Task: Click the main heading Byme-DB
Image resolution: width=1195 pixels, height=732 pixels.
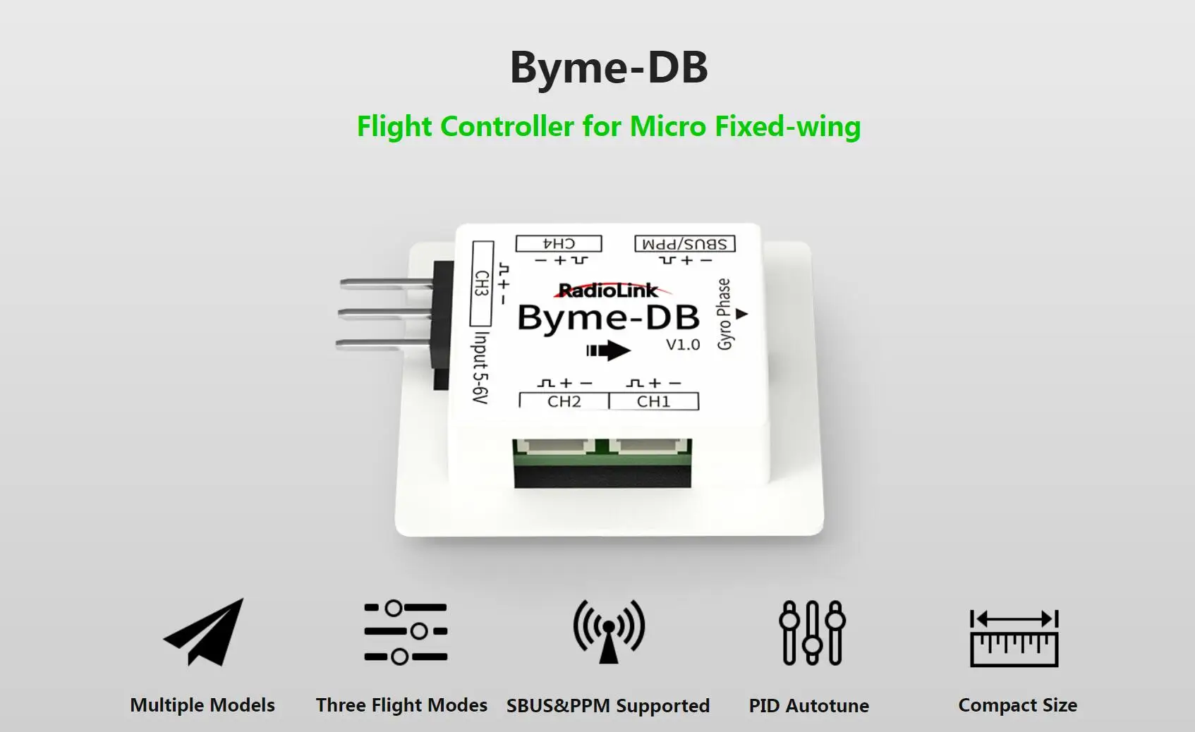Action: pos(609,68)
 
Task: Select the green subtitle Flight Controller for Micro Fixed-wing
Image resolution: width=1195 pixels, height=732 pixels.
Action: pos(609,127)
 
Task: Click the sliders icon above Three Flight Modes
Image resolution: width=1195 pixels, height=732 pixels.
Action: pos(406,632)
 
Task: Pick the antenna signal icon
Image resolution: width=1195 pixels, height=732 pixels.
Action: pos(609,631)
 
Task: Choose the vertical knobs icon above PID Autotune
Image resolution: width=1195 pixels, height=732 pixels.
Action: pos(812,633)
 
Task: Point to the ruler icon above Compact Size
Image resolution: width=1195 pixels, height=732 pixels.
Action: pos(1014,638)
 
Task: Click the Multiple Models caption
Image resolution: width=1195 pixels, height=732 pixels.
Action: pos(202,705)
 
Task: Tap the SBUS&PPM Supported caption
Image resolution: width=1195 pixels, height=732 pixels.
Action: pos(608,706)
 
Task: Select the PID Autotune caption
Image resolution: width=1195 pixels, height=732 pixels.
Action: pos(809,706)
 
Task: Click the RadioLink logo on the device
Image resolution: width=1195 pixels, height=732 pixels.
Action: pos(608,290)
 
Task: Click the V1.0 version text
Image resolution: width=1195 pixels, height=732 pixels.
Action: pos(683,345)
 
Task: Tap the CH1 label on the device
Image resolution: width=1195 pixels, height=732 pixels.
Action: pos(653,401)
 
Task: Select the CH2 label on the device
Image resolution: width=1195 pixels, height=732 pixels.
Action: pos(564,401)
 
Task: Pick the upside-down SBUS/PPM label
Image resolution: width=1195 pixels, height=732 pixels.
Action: pos(685,244)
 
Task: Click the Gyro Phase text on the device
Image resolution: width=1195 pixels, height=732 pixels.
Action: pos(724,314)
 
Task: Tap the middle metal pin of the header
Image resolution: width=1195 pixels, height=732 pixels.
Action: pos(385,312)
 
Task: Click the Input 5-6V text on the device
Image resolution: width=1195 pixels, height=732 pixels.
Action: pos(480,367)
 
